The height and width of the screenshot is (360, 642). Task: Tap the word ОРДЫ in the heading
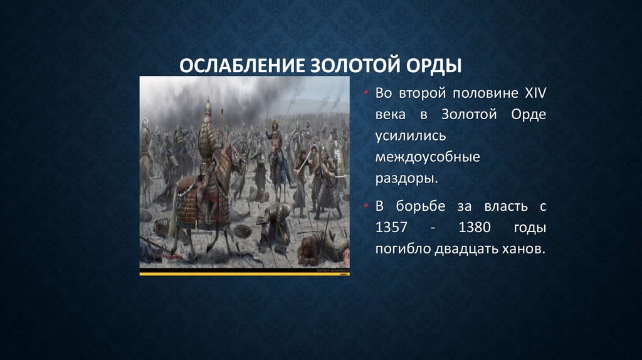click(434, 66)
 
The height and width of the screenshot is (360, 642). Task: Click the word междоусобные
click(428, 157)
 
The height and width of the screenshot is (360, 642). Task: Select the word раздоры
click(405, 178)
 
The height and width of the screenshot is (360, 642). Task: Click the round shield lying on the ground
click(145, 214)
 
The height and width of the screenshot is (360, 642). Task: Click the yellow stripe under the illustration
click(245, 273)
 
